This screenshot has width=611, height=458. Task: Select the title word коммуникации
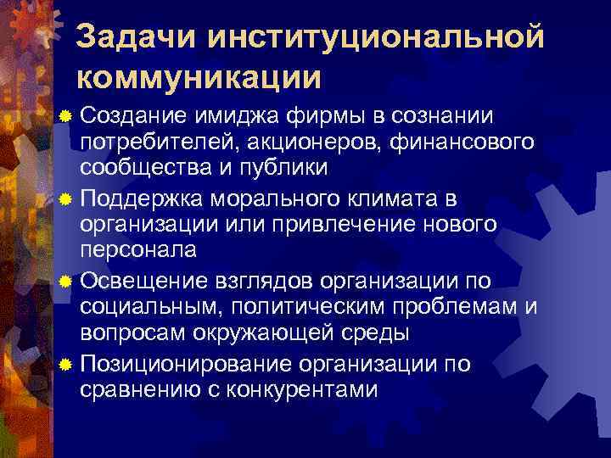199,77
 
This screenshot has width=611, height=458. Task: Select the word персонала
138,251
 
